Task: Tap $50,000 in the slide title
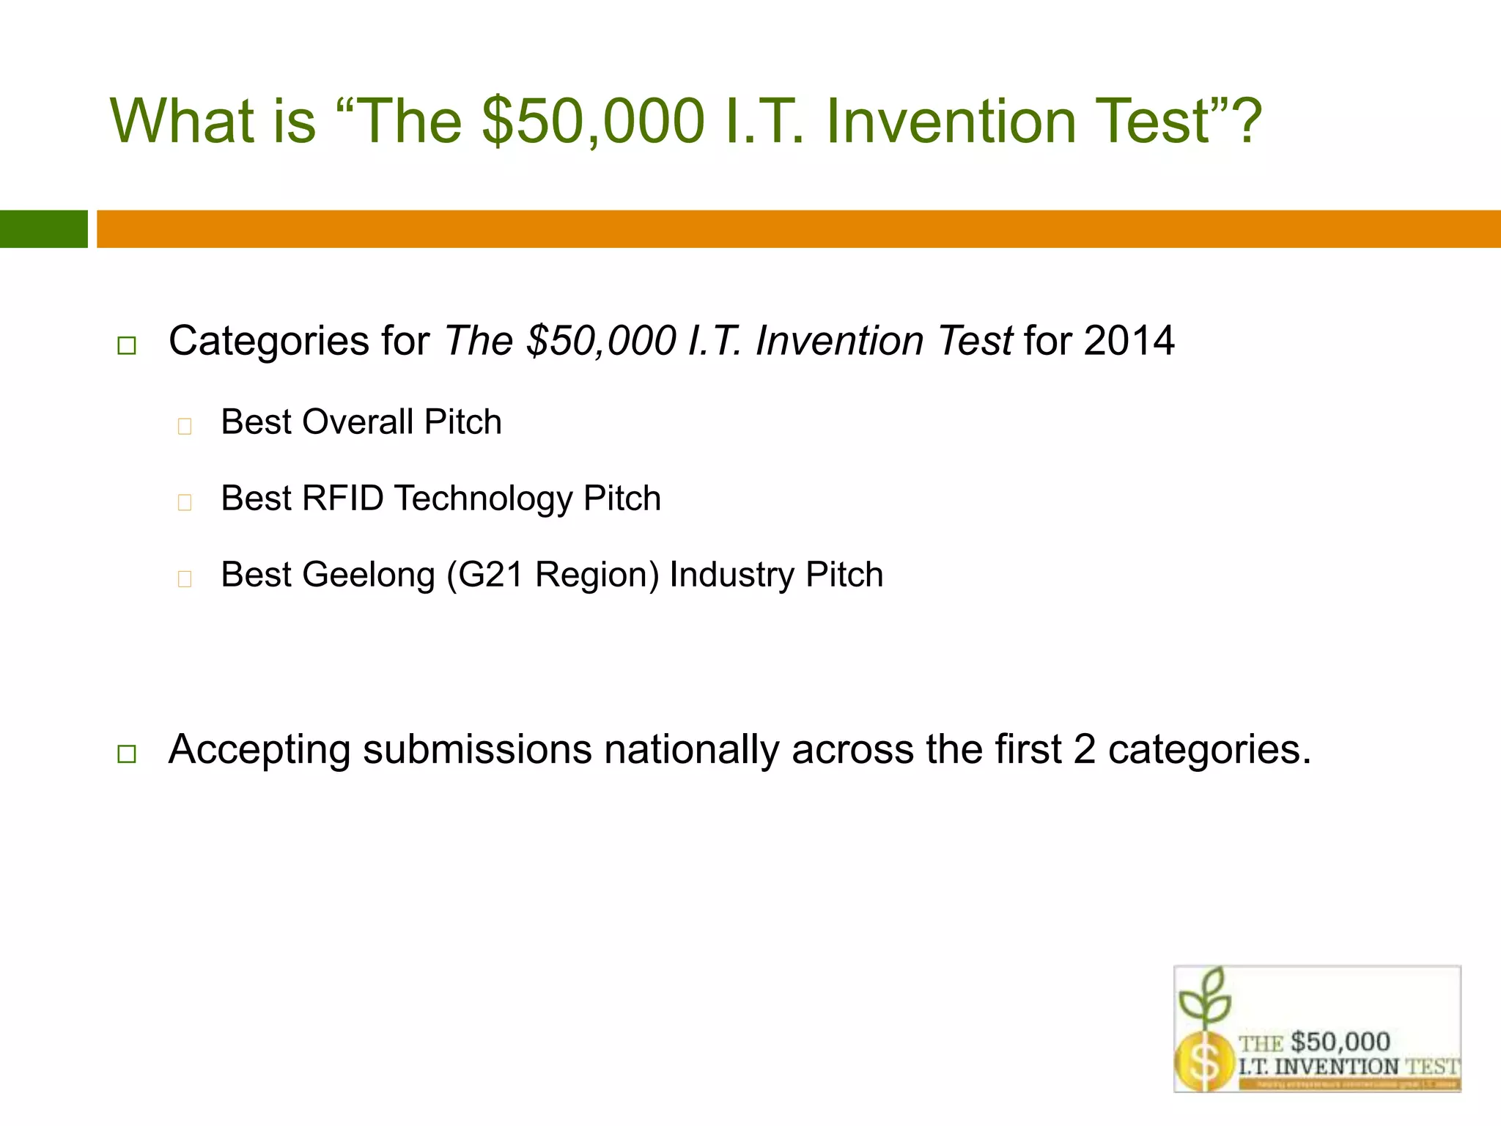click(x=594, y=121)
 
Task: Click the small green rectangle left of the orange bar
click(x=43, y=229)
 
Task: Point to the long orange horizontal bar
click(x=799, y=229)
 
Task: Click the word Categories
click(x=268, y=342)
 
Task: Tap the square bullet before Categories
click(x=127, y=346)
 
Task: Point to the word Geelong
click(x=369, y=575)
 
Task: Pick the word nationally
click(x=691, y=751)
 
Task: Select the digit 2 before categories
click(x=1085, y=750)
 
